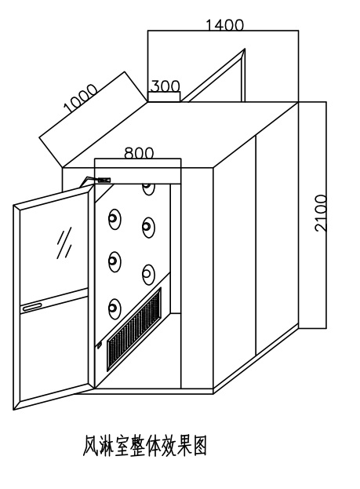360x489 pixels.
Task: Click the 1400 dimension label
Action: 225,24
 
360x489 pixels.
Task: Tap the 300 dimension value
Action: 165,86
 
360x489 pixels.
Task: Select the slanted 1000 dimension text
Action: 81,98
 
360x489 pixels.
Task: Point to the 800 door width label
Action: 139,152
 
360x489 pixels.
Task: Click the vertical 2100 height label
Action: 321,213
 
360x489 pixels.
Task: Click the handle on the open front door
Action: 33,307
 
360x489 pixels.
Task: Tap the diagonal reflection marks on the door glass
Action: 64,243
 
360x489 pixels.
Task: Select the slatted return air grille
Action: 134,330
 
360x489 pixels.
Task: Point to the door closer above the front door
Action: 96,181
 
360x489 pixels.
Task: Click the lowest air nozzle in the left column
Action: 115,308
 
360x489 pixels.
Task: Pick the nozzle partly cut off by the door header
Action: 148,188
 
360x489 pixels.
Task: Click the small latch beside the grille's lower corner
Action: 100,345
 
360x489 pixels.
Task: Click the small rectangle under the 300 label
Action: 164,97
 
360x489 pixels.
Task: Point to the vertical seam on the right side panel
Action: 256,245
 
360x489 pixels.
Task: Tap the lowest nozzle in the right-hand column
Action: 148,275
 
